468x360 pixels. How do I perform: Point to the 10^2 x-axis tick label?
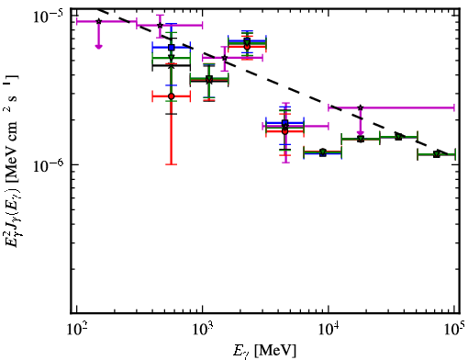(x=76, y=330)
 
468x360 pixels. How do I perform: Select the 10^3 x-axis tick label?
(x=202, y=330)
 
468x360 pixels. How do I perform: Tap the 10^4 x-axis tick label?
(x=329, y=330)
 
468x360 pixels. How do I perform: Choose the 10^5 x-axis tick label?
(x=455, y=330)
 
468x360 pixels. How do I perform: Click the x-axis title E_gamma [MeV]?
(x=264, y=351)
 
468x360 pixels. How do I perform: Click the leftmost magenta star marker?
(x=98, y=21)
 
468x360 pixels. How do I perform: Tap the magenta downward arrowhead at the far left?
(x=98, y=47)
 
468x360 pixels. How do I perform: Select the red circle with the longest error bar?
(x=172, y=96)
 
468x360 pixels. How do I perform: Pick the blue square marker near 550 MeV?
(x=172, y=48)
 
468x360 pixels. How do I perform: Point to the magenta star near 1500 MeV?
(x=225, y=58)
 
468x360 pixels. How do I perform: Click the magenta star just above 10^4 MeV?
(x=361, y=107)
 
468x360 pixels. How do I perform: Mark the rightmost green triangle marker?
(x=437, y=154)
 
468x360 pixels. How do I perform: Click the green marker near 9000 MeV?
(x=323, y=152)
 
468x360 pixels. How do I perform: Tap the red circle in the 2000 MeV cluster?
(x=247, y=47)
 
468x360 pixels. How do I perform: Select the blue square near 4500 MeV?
(x=285, y=123)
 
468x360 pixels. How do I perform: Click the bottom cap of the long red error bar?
(x=172, y=164)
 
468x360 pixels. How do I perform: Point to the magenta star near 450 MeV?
(x=160, y=26)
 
